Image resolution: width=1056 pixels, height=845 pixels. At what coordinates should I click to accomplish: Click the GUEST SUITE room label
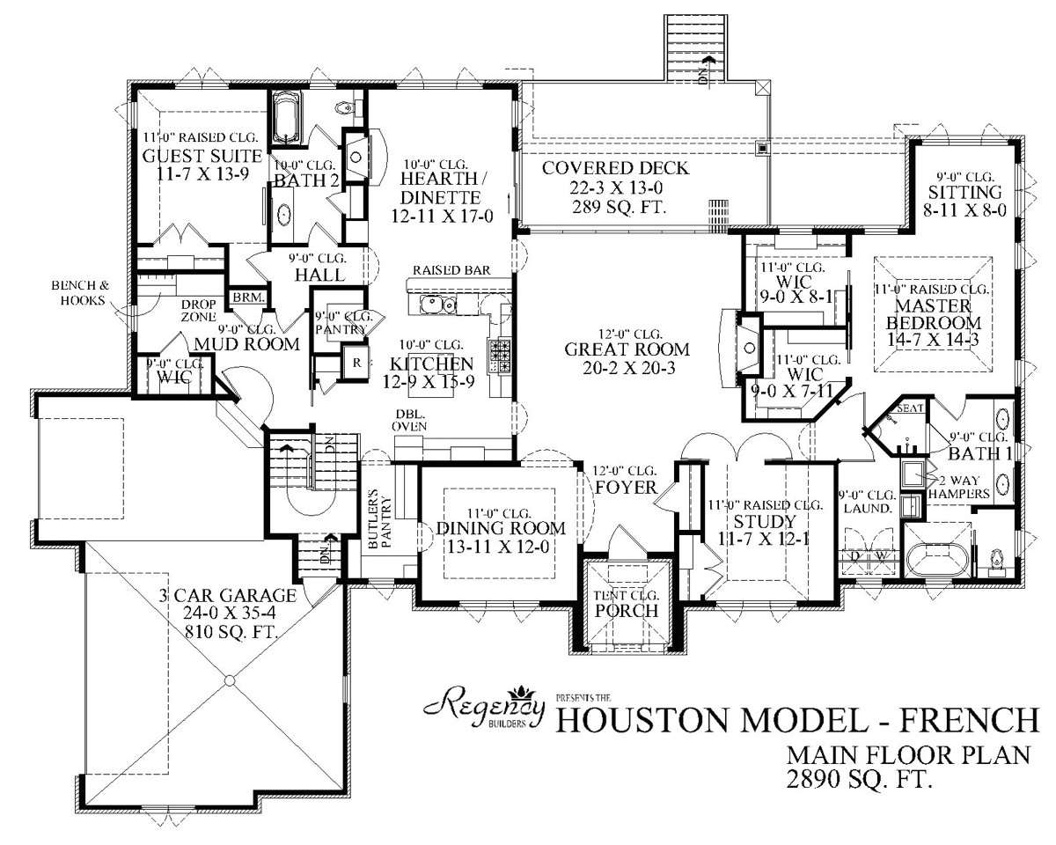[202, 157]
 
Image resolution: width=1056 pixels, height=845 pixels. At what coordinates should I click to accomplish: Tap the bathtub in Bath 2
[287, 121]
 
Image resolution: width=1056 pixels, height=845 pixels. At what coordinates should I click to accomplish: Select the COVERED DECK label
[616, 168]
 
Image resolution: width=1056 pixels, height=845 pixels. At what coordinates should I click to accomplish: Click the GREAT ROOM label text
[627, 349]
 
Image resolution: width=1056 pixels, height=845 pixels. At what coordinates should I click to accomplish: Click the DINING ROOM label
[500, 528]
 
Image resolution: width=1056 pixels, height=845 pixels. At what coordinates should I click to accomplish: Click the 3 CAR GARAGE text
[227, 596]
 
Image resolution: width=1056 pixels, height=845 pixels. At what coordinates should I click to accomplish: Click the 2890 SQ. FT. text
[859, 777]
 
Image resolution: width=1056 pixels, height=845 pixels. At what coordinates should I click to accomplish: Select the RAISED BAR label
[451, 270]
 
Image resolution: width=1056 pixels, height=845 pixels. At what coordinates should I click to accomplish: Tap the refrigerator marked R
[357, 363]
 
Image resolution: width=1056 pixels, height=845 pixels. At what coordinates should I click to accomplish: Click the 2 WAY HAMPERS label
[970, 487]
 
